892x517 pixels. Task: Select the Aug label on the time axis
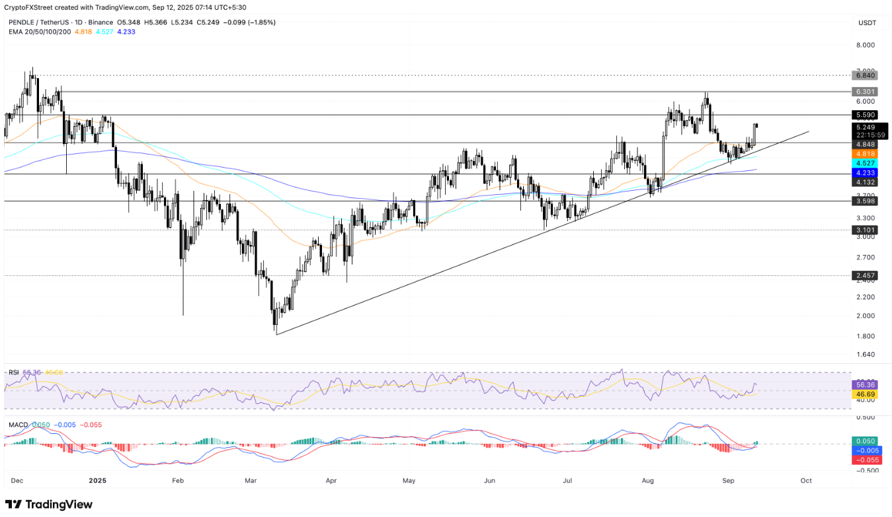click(647, 481)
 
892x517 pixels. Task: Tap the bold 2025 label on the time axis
click(97, 481)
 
